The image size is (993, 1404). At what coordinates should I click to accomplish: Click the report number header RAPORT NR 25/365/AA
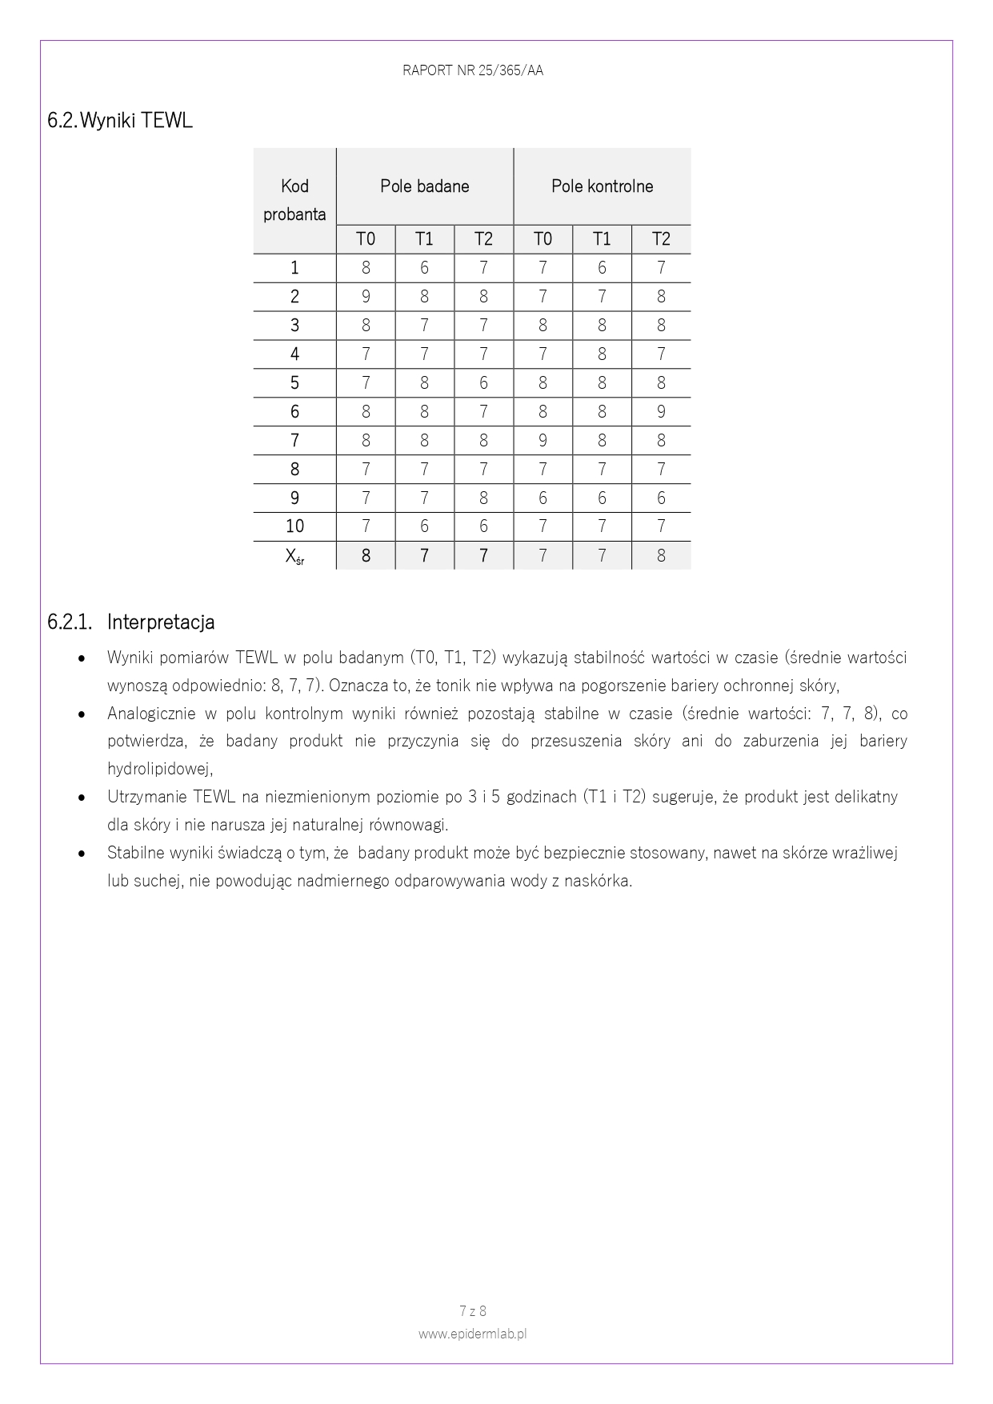tap(472, 70)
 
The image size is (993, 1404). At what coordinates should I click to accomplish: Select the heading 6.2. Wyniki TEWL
tap(120, 121)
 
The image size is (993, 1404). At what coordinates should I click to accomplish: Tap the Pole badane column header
tap(424, 186)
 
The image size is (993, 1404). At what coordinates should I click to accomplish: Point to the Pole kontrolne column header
tap(602, 186)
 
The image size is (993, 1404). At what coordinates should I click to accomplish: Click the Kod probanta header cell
tap(294, 200)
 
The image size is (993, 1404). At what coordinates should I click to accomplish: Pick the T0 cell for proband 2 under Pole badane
tap(366, 297)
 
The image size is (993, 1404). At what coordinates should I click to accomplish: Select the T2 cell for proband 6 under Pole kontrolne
tap(661, 412)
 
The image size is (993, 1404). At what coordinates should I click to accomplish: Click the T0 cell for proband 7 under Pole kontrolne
tap(543, 441)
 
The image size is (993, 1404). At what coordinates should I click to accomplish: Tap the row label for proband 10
tap(294, 526)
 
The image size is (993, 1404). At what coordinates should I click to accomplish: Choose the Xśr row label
tap(294, 556)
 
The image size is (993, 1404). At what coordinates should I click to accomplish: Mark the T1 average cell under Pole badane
tap(424, 556)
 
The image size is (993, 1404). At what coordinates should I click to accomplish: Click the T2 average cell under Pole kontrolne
tap(661, 556)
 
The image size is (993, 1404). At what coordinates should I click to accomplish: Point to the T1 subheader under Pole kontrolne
tap(602, 239)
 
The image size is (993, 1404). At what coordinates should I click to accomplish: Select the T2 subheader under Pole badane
tap(483, 239)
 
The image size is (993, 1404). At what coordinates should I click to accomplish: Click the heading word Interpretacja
tap(160, 622)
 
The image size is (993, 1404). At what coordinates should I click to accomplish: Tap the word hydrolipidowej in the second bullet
tap(159, 769)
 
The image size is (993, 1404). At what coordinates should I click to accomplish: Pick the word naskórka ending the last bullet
tap(601, 881)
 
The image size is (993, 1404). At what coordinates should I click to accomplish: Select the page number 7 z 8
tap(473, 1311)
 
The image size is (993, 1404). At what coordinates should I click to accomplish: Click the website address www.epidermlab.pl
tap(472, 1334)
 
